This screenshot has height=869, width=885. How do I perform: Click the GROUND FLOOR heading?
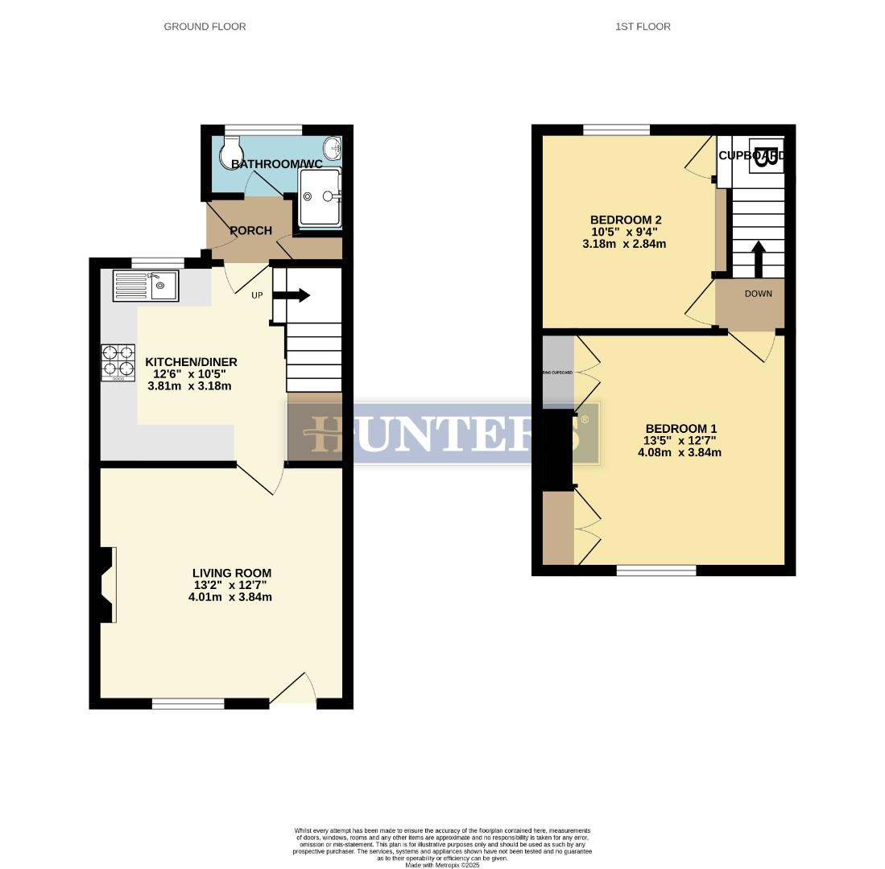tap(205, 27)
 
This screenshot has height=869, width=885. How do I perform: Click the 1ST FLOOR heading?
tap(643, 27)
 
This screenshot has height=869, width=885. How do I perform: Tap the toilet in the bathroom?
tap(232, 148)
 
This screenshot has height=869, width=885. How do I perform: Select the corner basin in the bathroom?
tap(332, 150)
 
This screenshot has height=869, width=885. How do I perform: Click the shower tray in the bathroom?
tap(320, 197)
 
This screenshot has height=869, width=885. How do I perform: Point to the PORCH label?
tap(250, 231)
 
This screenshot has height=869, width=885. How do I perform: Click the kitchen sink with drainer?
tap(146, 286)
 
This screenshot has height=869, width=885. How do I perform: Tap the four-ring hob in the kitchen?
tap(118, 362)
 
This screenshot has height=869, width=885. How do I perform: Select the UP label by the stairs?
tap(257, 295)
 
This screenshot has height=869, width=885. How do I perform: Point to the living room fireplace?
tap(106, 584)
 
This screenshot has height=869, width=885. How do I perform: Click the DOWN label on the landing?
tap(758, 294)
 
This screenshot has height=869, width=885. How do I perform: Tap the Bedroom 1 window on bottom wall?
tap(656, 570)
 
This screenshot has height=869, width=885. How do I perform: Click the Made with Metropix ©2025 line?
tap(442, 865)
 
